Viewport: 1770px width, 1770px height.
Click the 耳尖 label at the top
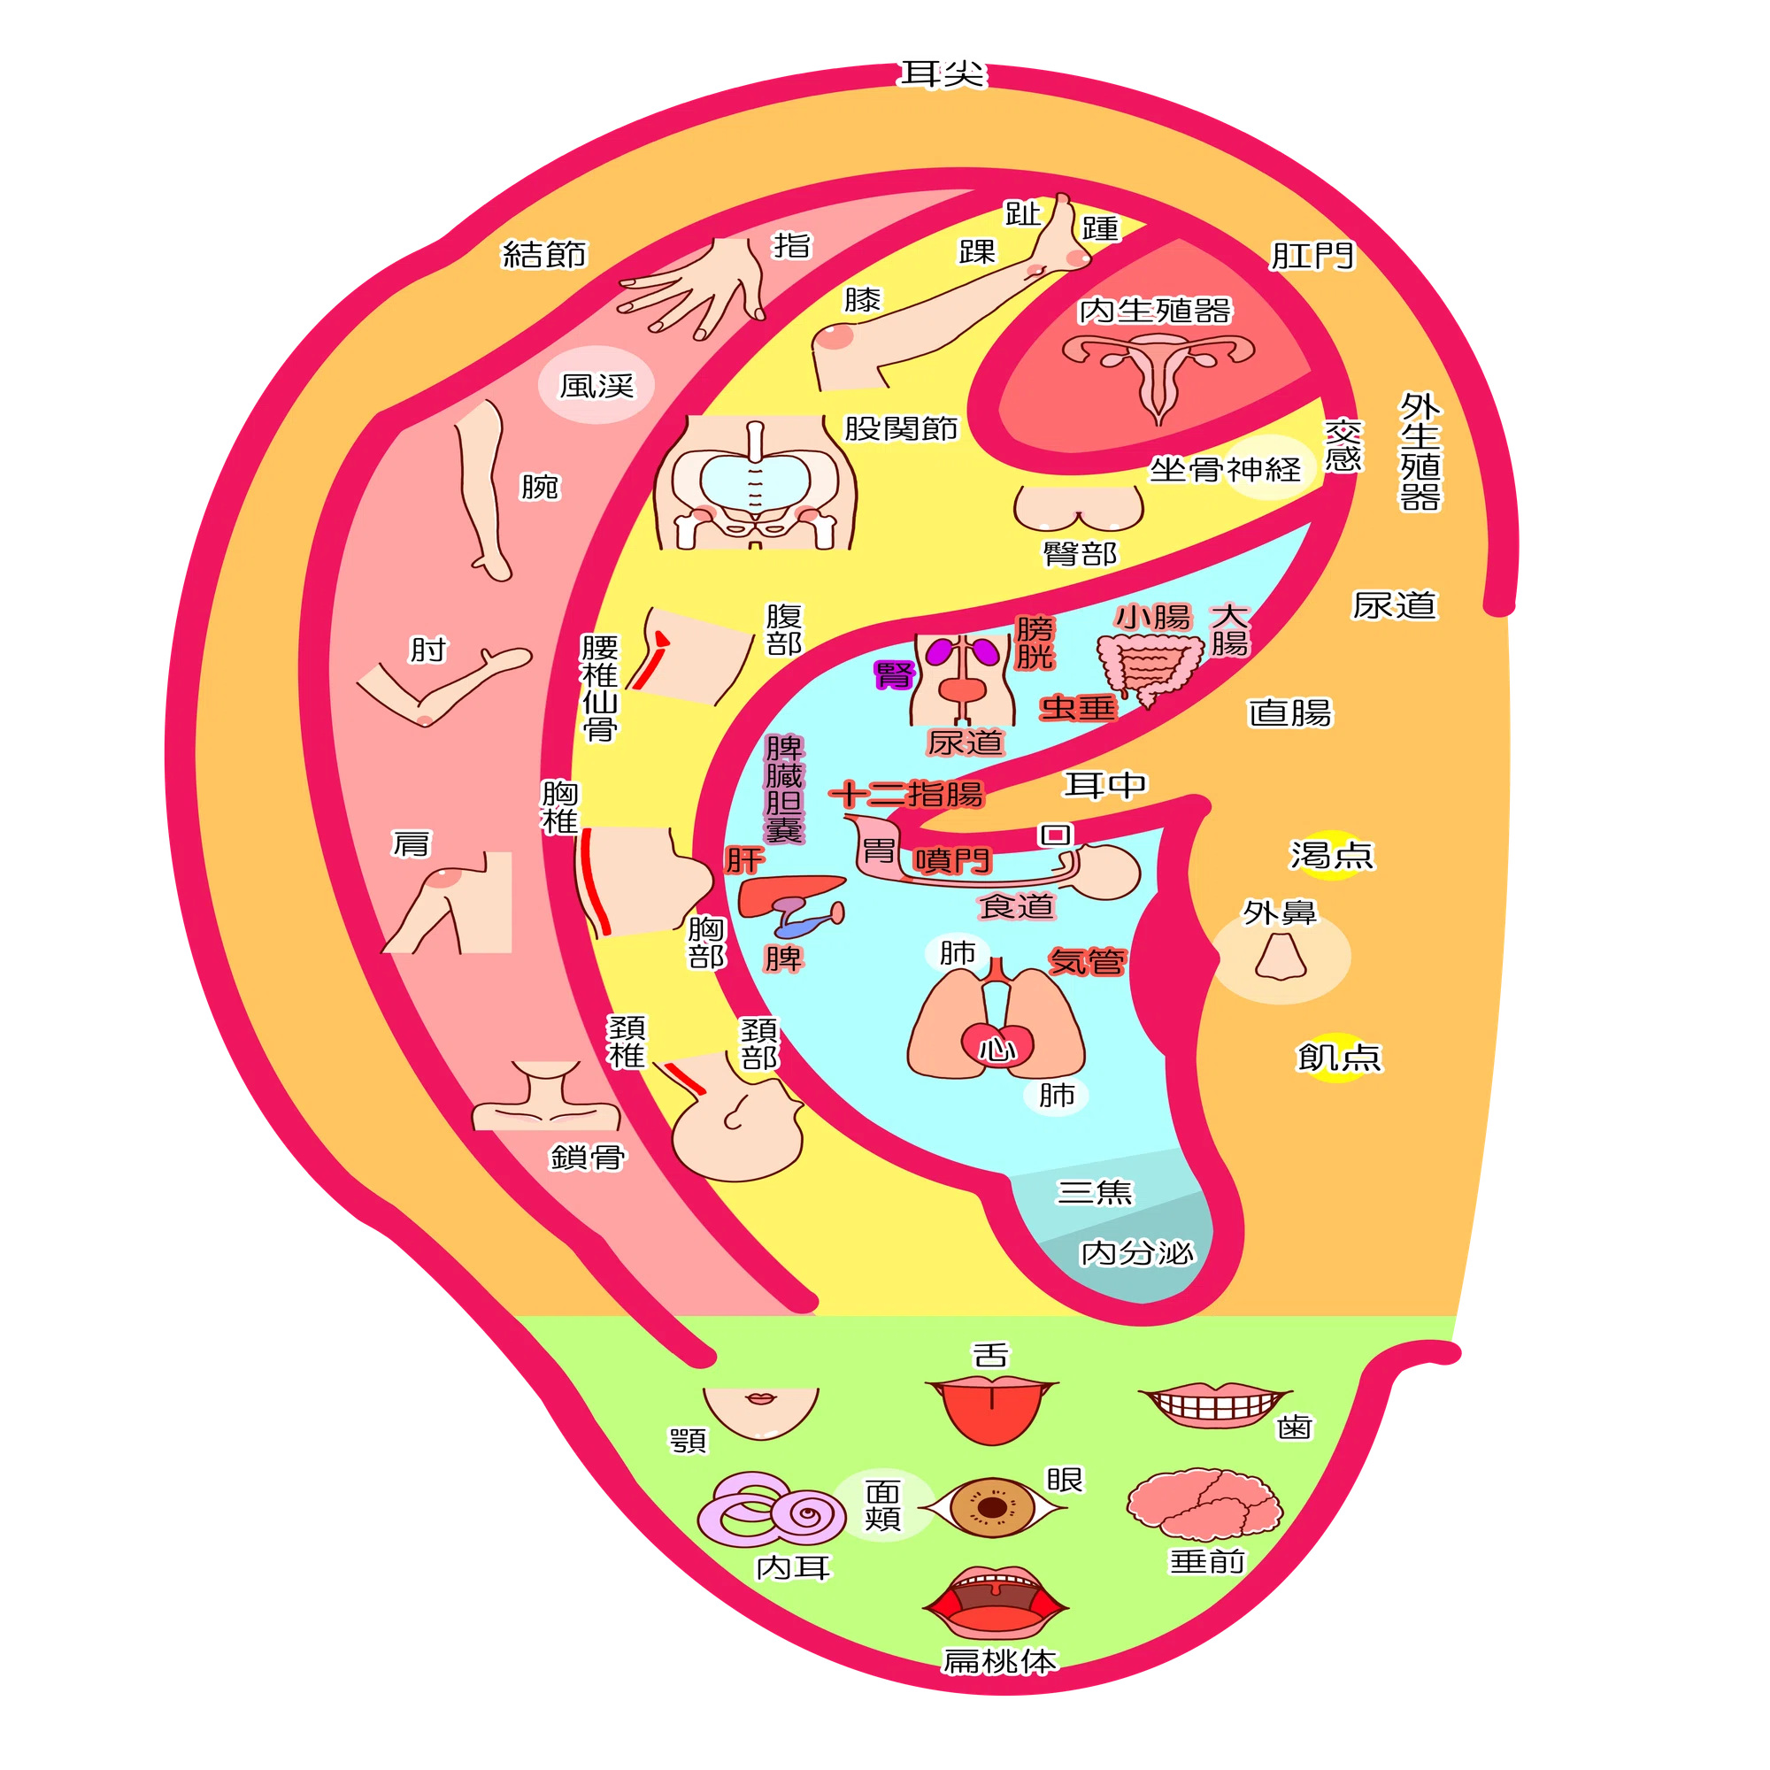coord(942,74)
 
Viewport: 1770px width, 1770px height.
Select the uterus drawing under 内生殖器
coord(1158,372)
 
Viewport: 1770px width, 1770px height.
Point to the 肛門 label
coord(1312,256)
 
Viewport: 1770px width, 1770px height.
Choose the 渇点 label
coord(1332,855)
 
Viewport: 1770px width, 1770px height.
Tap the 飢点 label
coord(1338,1057)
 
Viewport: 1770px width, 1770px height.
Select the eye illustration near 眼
coord(992,1506)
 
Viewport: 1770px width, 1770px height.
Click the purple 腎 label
coord(894,675)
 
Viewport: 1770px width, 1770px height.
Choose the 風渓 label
coord(596,386)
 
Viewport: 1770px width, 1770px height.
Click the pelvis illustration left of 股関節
coord(755,483)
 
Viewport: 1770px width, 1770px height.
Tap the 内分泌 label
coord(1138,1251)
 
